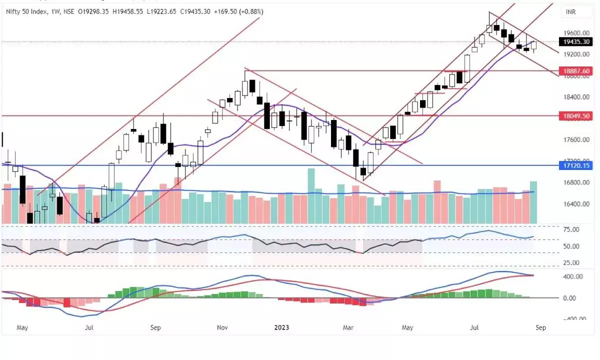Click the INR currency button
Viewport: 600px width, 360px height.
pos(571,11)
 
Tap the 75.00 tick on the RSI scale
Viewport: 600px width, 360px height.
pos(571,229)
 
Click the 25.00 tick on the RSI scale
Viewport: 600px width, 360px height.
pos(571,262)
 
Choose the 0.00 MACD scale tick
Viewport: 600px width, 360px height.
pos(571,298)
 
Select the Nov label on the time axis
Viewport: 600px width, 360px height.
pos(222,328)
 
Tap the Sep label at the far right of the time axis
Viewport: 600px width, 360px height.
pos(540,328)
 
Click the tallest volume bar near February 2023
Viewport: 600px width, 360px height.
pos(311,195)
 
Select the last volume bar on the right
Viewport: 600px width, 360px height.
pos(533,202)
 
